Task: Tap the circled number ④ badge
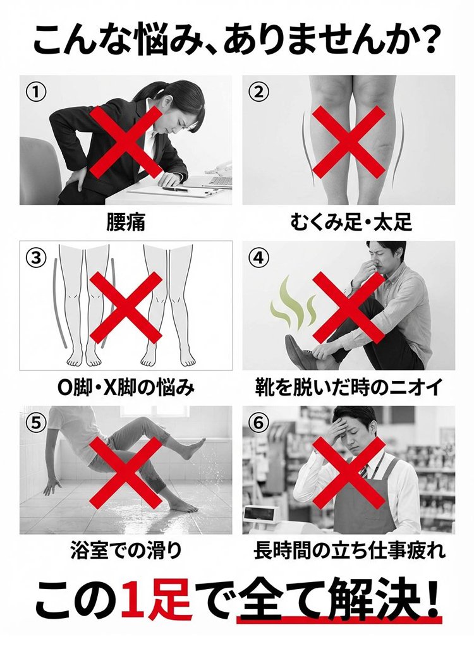coord(258,257)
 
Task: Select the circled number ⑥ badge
coord(258,423)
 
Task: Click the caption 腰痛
coord(126,222)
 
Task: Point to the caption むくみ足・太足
coord(351,222)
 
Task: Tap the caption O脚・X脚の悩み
coord(126,387)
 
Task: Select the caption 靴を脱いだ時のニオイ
coord(348,387)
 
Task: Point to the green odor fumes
coord(294,301)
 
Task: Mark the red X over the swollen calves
coord(348,141)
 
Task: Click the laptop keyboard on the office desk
coord(221,181)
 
